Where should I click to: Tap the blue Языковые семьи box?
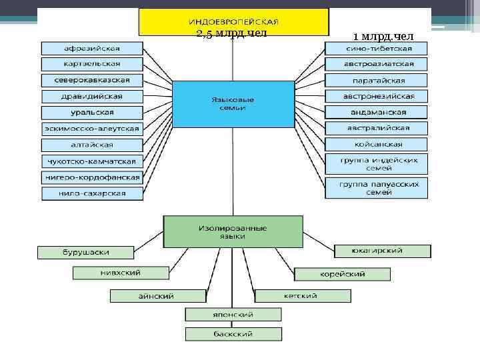pyautogui.click(x=233, y=103)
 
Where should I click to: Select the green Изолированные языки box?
pyautogui.click(x=233, y=231)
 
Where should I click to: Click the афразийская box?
pyautogui.click(x=92, y=48)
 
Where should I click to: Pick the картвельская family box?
pyautogui.click(x=92, y=64)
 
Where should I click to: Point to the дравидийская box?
pyautogui.click(x=92, y=96)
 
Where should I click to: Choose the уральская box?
pyautogui.click(x=92, y=112)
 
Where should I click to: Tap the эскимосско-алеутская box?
pyautogui.click(x=92, y=128)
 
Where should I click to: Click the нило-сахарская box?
pyautogui.click(x=92, y=193)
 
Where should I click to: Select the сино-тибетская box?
pyautogui.click(x=377, y=48)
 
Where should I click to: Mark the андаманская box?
pyautogui.click(x=377, y=112)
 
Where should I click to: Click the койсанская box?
pyautogui.click(x=377, y=144)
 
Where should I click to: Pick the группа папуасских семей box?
pyautogui.click(x=377, y=187)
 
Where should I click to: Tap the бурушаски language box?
pyautogui.click(x=85, y=253)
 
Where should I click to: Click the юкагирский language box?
pyautogui.click(x=382, y=251)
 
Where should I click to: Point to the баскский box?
pyautogui.click(x=233, y=334)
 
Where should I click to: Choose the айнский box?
pyautogui.click(x=157, y=296)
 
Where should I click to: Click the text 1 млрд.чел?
pyautogui.click(x=379, y=35)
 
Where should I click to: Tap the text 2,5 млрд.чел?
pyautogui.click(x=232, y=34)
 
